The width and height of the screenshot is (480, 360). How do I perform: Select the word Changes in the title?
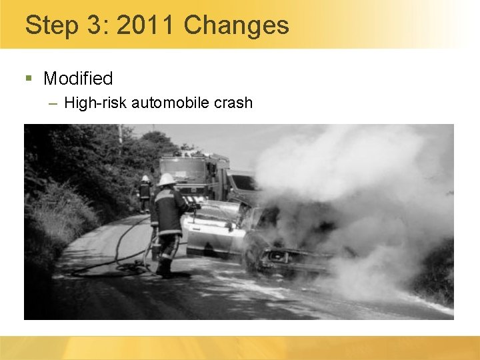click(237, 25)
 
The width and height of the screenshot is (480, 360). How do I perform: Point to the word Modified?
click(78, 79)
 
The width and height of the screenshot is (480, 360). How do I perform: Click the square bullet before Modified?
click(29, 79)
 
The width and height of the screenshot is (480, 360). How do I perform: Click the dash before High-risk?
click(53, 103)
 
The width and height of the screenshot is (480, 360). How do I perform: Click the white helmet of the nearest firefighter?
click(167, 179)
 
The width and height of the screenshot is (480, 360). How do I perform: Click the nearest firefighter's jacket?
click(168, 210)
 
